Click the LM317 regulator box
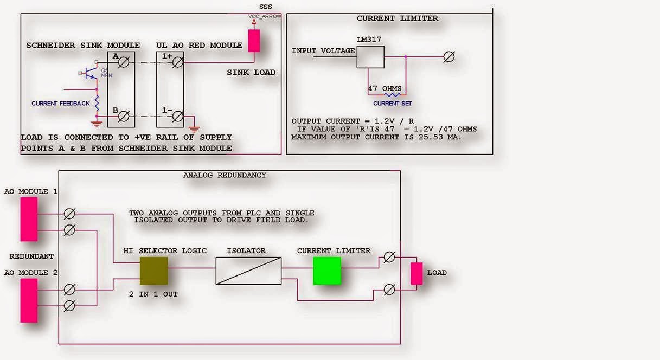pos(370,57)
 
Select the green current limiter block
pos(327,271)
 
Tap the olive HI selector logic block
pos(154,271)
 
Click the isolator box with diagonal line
pos(248,271)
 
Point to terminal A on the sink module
pos(124,62)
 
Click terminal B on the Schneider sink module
pos(124,117)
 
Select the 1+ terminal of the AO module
pos(178,62)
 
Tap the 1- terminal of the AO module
pos(178,117)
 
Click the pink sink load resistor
pos(254,41)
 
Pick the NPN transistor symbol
pos(90,72)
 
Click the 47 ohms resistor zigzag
pos(392,94)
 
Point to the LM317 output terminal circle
pos(448,57)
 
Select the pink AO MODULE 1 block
pos(29,219)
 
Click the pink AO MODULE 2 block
pos(29,300)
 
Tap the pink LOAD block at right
pos(416,273)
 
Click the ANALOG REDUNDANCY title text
pos(225,175)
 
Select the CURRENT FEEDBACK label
pos(61,104)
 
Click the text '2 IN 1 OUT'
pos(153,294)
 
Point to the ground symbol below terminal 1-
pos(194,128)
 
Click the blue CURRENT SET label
pos(392,104)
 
